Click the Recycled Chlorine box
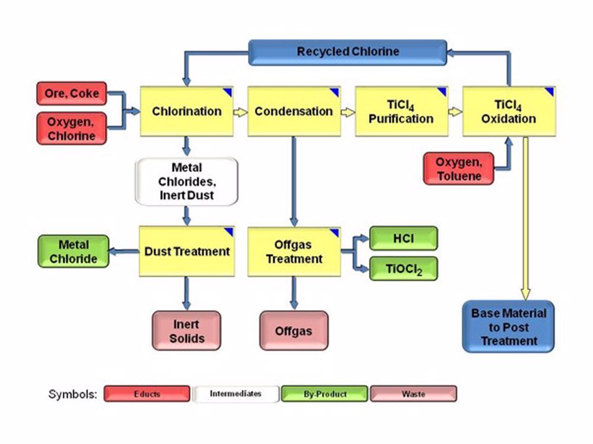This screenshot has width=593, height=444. point(347,52)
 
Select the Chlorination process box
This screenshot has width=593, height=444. point(187,111)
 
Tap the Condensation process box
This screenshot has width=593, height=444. point(294,111)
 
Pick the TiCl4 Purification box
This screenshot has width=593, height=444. point(401,111)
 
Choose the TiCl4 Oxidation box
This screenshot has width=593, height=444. point(509,111)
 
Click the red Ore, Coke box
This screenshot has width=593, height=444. point(72,94)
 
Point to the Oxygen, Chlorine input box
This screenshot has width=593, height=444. point(72,128)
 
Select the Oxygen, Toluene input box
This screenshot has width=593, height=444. point(458,168)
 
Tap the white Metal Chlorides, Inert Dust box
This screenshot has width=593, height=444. point(187,181)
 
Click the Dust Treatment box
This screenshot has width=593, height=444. point(187,251)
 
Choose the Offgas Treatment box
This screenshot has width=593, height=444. point(294,251)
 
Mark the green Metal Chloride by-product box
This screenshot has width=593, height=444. point(74,251)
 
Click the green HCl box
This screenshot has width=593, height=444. point(404,238)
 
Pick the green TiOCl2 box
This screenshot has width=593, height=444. point(404,269)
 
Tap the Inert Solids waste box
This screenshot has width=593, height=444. point(187,331)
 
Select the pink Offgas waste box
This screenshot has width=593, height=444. point(294,331)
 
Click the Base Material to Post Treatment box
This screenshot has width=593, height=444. point(508,327)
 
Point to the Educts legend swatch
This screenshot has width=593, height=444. point(147,394)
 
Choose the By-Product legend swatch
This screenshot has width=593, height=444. point(324,394)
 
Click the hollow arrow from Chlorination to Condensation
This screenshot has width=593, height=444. point(240,112)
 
